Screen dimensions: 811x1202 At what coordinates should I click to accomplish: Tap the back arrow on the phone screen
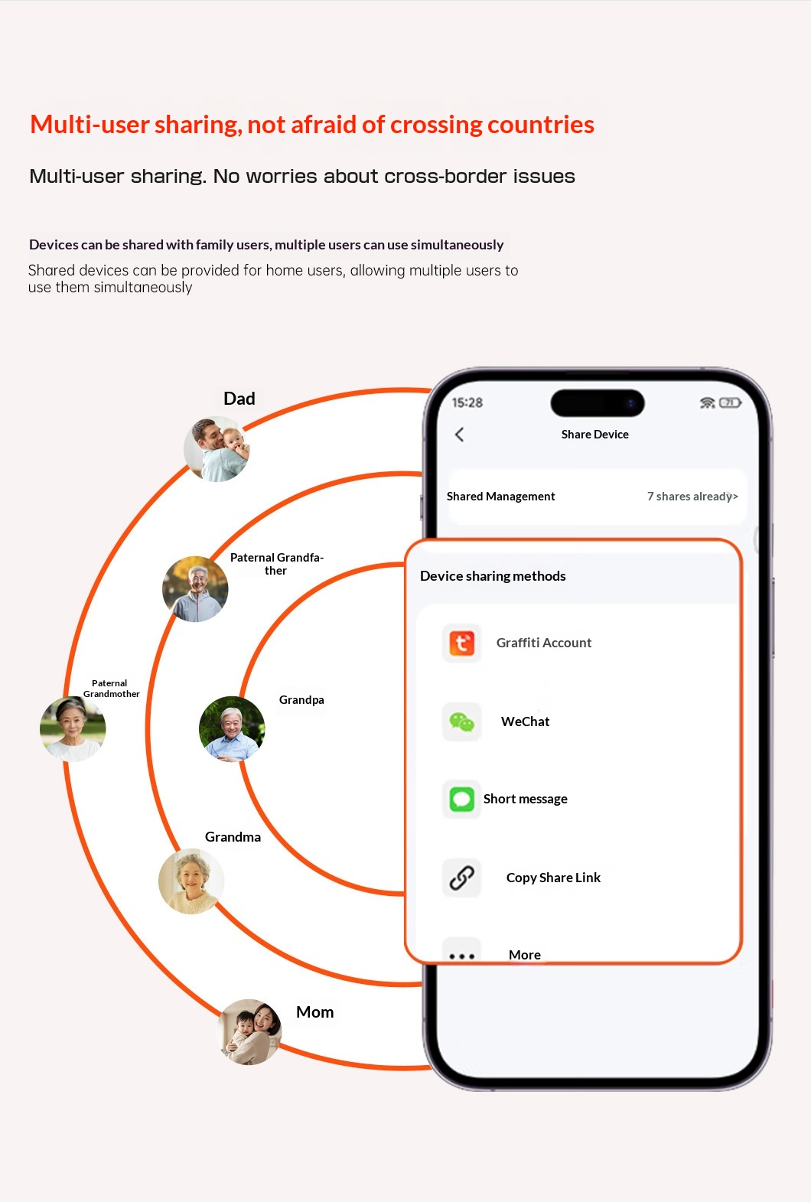pos(460,434)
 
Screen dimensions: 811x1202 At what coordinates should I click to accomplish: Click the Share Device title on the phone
pos(594,434)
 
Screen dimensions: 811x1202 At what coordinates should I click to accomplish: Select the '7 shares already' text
pos(692,497)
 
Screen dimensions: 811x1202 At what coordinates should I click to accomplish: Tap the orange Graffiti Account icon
pos(461,643)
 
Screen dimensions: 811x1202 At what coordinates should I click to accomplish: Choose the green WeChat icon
pos(461,722)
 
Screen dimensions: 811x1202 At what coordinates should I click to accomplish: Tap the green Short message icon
pos(461,799)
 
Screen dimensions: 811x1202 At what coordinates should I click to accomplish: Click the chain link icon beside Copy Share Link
pos(461,878)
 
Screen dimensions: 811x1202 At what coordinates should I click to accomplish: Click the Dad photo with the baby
pos(217,449)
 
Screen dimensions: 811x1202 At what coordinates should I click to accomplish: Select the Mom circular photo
pos(249,1031)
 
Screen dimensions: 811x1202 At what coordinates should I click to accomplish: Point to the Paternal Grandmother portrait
pos(73,728)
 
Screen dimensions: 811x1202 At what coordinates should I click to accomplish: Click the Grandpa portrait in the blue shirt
pos(232,728)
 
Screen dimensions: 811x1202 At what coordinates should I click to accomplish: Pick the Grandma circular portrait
pos(191,881)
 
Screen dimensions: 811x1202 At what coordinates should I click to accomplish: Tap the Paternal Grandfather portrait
pos(195,589)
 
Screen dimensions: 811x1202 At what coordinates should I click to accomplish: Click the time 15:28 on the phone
pos(467,403)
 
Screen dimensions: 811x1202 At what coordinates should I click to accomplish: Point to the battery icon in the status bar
pos(730,402)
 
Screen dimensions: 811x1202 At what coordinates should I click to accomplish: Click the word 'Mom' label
pos(315,1012)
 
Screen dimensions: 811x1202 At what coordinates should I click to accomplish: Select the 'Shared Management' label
pos(501,497)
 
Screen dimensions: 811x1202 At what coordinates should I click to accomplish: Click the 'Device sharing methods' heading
pos(493,576)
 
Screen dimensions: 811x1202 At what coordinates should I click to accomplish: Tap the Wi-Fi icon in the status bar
pos(708,402)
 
